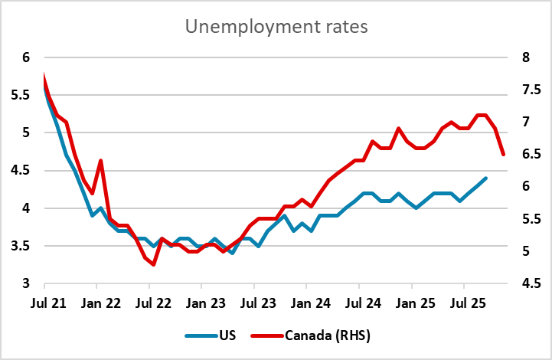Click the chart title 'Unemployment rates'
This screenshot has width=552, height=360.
coord(276,28)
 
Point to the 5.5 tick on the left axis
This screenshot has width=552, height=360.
coord(19,96)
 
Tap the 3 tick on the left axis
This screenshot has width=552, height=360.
coord(25,284)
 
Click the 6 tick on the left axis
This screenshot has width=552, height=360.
coord(25,58)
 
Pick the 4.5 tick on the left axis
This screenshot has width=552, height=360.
coord(19,171)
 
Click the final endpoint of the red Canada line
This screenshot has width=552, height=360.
coord(503,154)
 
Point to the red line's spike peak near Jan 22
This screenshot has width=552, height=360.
coord(101,161)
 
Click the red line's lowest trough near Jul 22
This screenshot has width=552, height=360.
coord(154,264)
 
